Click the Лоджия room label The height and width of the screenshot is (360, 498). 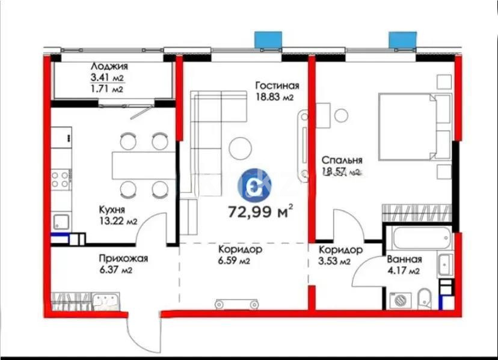coord(108,67)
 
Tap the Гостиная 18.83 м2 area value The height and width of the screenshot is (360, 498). coord(277,97)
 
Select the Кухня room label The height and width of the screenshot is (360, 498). coord(112,210)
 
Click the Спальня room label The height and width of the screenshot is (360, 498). coord(342,160)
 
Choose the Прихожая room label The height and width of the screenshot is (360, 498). coord(123,259)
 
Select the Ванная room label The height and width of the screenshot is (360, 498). coord(404,260)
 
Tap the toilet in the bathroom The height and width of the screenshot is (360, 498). coord(424,296)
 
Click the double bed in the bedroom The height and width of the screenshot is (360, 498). coord(414,127)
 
